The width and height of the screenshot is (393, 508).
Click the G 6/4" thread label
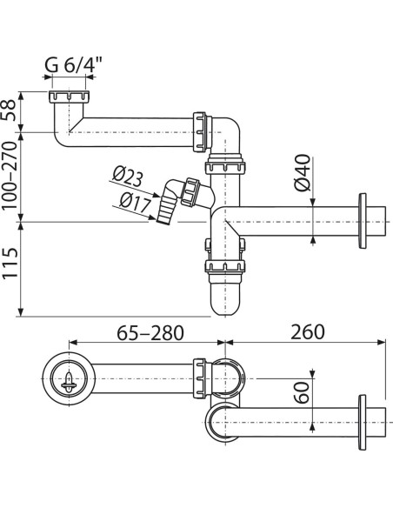click(73, 64)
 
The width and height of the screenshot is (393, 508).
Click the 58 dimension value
click(9, 110)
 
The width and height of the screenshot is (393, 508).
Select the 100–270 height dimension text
click(9, 176)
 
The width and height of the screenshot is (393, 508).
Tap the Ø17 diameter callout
click(136, 204)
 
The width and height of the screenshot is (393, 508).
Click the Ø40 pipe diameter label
click(303, 173)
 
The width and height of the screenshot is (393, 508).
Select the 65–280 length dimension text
click(150, 332)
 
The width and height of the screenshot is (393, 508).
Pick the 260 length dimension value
click(307, 332)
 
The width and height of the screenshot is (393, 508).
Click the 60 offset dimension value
click(303, 392)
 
